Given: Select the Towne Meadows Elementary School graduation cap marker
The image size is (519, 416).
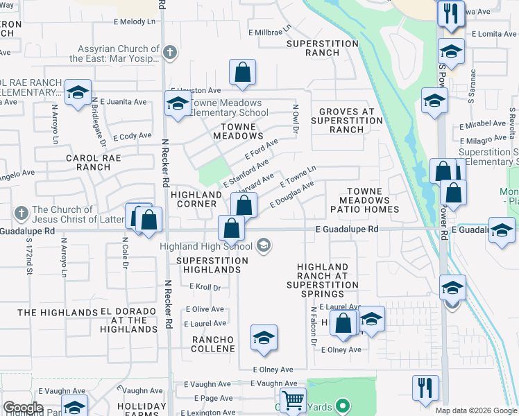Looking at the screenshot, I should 178,104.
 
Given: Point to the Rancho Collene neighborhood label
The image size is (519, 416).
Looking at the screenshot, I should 213,343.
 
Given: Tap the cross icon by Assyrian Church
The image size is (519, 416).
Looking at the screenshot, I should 171,53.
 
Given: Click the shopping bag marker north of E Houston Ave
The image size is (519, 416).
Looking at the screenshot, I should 242,72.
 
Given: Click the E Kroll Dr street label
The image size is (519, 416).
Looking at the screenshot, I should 205,287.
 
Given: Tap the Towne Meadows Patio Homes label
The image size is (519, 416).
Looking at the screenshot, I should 373,200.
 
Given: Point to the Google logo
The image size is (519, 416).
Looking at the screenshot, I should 23,408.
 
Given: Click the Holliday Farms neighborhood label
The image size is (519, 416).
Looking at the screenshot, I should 142,410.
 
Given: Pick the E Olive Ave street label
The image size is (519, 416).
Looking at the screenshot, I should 204,309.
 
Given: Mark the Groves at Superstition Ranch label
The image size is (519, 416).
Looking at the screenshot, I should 347,121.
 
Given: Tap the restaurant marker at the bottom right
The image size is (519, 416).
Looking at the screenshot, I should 425,388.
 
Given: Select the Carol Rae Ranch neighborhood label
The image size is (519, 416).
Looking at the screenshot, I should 94,162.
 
